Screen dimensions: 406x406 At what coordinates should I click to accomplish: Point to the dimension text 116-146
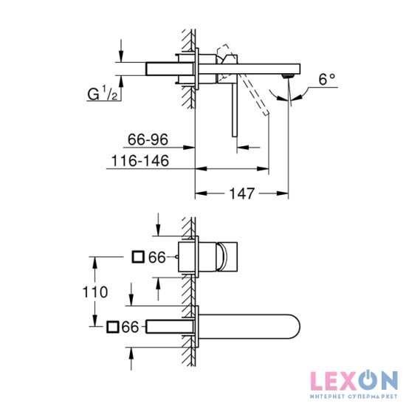[x=139, y=159]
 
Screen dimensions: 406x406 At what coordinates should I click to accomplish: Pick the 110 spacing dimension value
[x=95, y=292]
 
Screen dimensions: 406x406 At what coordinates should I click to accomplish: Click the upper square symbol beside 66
[x=137, y=257]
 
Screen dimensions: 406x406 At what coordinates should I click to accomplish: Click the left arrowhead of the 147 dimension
[x=198, y=194]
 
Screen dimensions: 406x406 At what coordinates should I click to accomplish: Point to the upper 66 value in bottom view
[x=156, y=257]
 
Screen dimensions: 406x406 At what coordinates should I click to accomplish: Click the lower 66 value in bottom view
[x=131, y=326]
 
